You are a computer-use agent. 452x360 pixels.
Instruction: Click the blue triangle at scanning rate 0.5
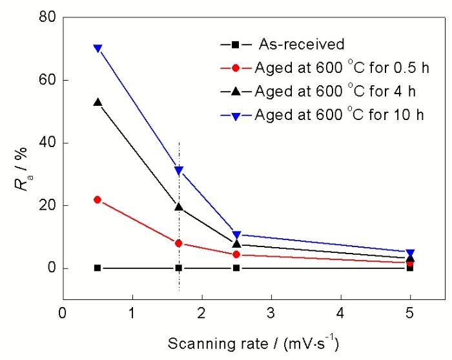point(98,48)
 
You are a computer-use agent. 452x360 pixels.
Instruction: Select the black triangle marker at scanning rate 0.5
point(98,102)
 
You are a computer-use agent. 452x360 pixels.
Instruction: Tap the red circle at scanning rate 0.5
point(98,199)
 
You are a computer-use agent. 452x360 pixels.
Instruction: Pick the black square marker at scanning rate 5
point(410,268)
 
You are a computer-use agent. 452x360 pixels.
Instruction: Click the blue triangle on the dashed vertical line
point(179,170)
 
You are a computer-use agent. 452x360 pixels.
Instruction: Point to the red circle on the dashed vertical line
point(179,243)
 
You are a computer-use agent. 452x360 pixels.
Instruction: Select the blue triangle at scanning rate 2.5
point(237,235)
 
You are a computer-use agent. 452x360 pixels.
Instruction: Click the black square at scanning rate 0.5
point(98,268)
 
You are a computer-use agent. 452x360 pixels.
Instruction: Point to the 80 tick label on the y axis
point(44,17)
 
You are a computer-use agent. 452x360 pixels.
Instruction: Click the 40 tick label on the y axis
point(44,143)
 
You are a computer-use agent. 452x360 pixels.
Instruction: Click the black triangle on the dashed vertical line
point(179,206)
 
